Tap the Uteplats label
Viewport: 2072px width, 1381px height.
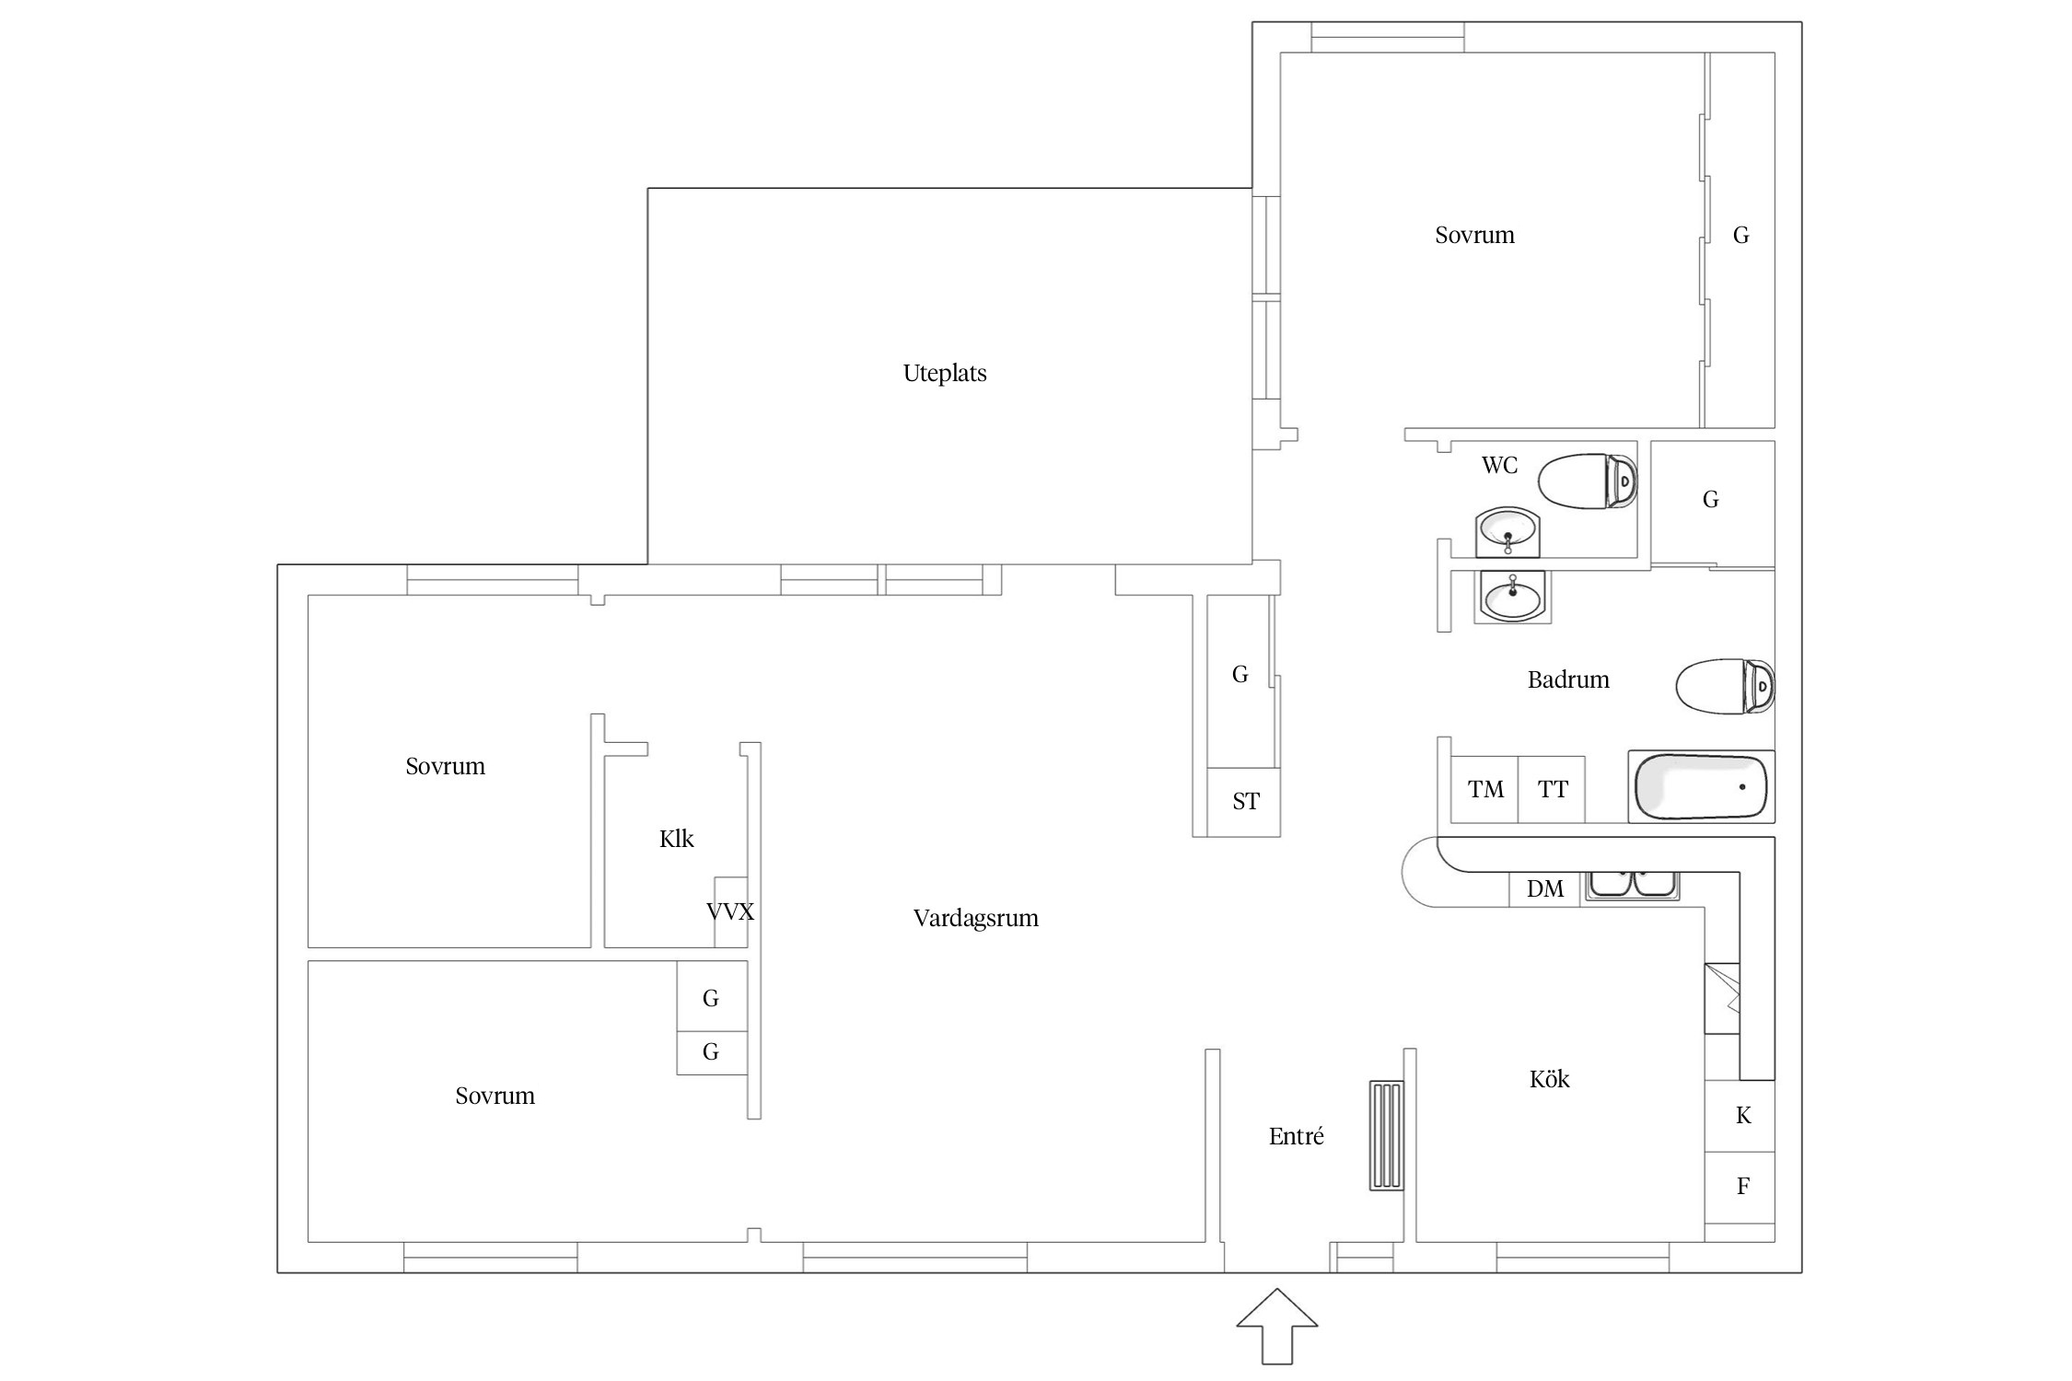point(945,373)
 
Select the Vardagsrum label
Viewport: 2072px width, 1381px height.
point(976,918)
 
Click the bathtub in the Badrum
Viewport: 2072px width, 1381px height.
point(1701,787)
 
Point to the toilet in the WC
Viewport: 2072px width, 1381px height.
point(1588,481)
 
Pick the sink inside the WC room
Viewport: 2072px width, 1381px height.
point(1507,532)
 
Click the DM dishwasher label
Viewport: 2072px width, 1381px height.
point(1545,888)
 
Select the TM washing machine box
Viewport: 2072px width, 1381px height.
point(1484,789)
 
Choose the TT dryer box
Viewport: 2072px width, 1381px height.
point(1552,789)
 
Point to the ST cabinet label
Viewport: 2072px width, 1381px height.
point(1246,801)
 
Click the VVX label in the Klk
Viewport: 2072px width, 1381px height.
point(730,911)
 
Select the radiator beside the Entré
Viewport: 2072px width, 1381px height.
point(1386,1135)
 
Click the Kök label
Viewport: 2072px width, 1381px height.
point(1550,1078)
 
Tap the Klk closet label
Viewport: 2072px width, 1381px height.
point(677,839)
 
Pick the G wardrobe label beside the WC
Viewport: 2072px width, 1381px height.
point(1711,499)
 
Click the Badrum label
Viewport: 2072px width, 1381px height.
point(1568,679)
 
